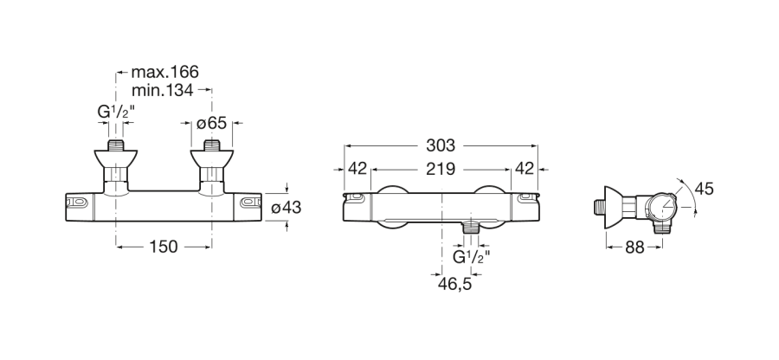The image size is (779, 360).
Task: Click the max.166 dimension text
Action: coord(165,72)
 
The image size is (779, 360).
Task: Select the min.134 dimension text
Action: coord(163,90)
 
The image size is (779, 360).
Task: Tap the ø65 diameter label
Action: coord(212,123)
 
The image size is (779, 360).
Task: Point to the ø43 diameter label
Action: coord(286,207)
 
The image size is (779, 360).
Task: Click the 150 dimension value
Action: coord(164,247)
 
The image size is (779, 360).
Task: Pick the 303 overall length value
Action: coord(441,145)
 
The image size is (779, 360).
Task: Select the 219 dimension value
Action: coord(441,170)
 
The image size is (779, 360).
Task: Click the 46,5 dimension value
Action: coord(454,284)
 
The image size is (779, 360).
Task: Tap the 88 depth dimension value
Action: coord(634,247)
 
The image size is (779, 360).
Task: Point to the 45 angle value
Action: coord(704,189)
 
